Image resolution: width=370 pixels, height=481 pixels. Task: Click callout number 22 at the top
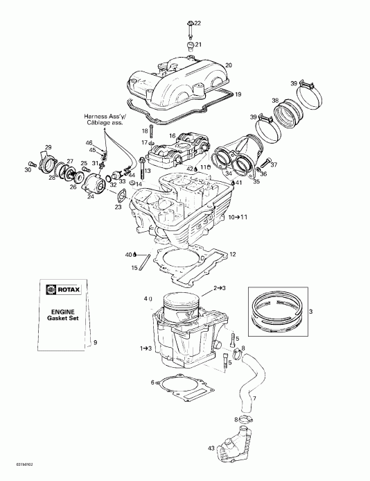(197, 24)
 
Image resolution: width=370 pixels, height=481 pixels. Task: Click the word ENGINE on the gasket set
(60, 310)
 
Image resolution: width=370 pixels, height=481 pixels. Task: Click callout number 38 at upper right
(275, 101)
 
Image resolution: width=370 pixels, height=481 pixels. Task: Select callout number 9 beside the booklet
(96, 343)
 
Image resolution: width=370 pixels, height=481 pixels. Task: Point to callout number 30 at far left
(28, 169)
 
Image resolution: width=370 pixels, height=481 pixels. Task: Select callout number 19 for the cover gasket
(238, 94)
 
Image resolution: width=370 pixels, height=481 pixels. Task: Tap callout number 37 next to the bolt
(274, 164)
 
